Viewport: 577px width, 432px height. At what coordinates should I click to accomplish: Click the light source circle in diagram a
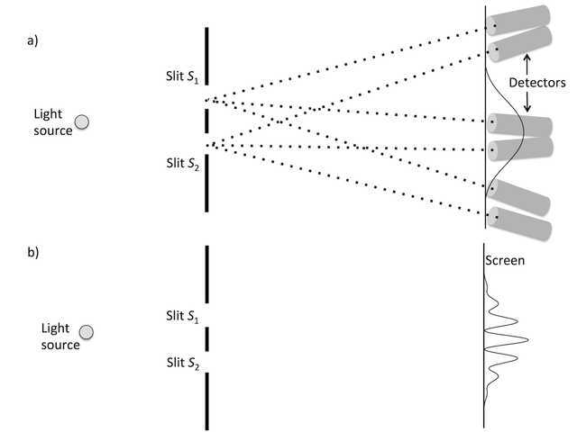tap(82, 122)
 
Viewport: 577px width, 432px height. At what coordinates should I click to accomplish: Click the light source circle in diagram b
tap(87, 332)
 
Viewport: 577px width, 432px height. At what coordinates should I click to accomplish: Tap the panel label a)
tap(32, 40)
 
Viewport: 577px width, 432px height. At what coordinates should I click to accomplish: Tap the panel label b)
tap(33, 252)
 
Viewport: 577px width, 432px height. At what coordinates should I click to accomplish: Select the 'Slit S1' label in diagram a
tap(182, 76)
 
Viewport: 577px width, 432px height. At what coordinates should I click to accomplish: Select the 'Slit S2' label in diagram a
tap(183, 164)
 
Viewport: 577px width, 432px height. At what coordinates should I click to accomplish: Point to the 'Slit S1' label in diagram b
tap(182, 316)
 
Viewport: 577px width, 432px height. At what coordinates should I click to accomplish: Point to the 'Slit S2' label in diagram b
tap(183, 363)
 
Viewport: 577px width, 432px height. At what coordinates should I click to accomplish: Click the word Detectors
tap(537, 83)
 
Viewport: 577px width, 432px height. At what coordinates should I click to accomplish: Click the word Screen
tap(505, 260)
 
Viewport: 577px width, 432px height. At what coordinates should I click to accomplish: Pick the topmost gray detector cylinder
tap(518, 21)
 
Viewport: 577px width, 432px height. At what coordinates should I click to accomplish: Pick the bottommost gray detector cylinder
tap(519, 223)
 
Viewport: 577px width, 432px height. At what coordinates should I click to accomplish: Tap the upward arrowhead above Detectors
tap(527, 58)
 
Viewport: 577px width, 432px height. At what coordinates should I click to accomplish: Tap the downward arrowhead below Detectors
tap(527, 108)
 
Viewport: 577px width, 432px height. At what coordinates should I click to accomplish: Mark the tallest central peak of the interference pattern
tap(528, 340)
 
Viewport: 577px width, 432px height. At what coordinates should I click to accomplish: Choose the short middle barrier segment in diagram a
tap(206, 121)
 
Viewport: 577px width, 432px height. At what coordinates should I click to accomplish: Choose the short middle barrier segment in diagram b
tap(206, 339)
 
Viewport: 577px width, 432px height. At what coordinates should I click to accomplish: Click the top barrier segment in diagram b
tap(206, 274)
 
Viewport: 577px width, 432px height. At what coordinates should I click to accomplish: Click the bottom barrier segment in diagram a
tap(206, 184)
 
